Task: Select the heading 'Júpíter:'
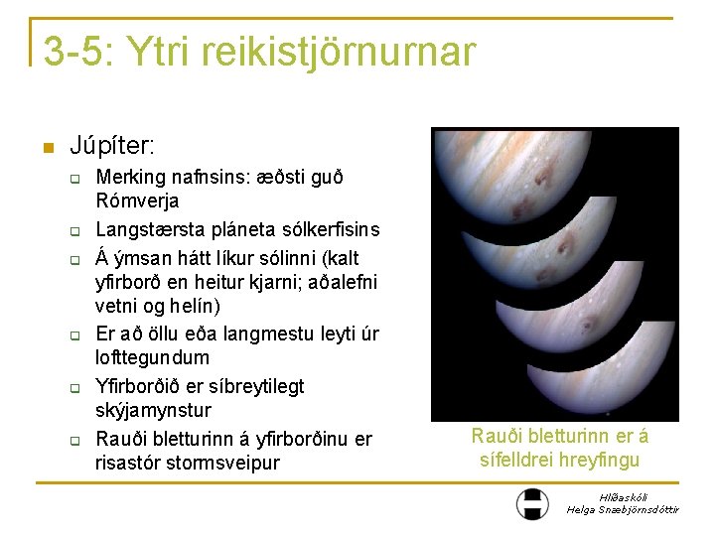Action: [112, 147]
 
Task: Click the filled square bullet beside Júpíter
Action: [46, 148]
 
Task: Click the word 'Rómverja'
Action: [137, 201]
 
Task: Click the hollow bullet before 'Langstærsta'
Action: [73, 231]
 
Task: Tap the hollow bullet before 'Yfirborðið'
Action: [73, 387]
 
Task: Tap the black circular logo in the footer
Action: [532, 503]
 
